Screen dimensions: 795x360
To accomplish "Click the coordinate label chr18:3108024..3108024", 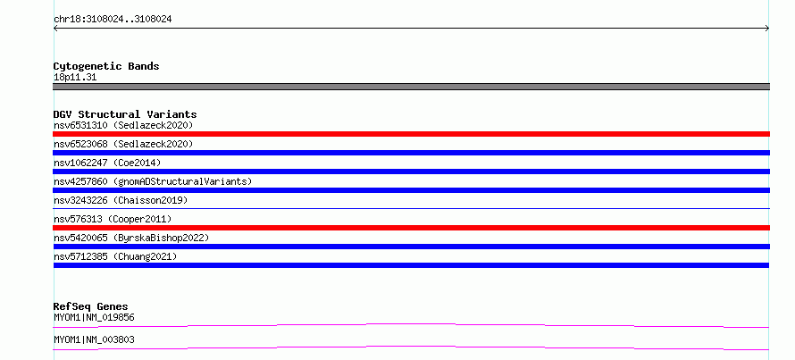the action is (113, 20).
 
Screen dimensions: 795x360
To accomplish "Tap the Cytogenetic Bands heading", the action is (106, 66).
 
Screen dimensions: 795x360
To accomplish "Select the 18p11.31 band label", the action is (75, 78).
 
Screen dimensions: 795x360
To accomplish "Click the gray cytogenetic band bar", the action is (411, 87).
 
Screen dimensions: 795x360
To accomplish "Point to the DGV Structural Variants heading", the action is (125, 114).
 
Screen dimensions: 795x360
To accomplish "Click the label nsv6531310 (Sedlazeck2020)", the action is (123, 125).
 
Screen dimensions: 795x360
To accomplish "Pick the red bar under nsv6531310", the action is (411, 134).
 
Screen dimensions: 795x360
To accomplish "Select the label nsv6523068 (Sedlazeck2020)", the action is (123, 144).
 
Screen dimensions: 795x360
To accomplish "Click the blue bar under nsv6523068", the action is (411, 153).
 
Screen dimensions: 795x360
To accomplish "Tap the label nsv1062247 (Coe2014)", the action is (107, 163).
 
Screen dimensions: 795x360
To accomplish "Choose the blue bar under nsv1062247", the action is (411, 172).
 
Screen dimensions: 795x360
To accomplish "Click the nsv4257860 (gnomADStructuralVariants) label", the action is (153, 181).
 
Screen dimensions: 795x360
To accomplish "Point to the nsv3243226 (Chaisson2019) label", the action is (121, 200).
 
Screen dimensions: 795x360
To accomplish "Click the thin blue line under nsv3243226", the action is (411, 208).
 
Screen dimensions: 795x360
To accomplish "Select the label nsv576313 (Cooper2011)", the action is (113, 219).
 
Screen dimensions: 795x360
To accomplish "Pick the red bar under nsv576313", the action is (411, 228).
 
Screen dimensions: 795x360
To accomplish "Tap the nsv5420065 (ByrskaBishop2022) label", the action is (131, 238).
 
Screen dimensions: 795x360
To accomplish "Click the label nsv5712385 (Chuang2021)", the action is (115, 256).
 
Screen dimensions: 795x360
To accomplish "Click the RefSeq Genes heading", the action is (90, 306).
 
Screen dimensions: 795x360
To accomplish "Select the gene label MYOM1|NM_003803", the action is (94, 339).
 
